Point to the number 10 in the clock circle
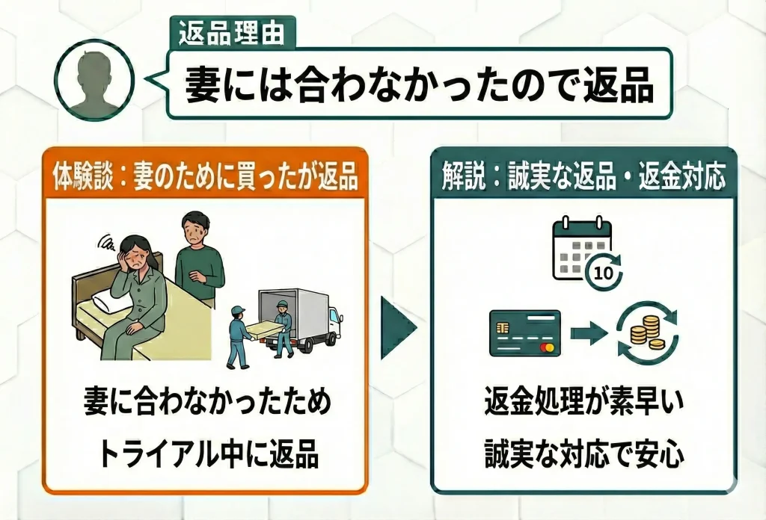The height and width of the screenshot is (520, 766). [607, 273]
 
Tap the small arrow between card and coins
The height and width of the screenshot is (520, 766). [587, 333]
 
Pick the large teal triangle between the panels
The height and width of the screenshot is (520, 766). [398, 329]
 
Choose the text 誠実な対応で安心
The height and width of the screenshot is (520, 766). [583, 453]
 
